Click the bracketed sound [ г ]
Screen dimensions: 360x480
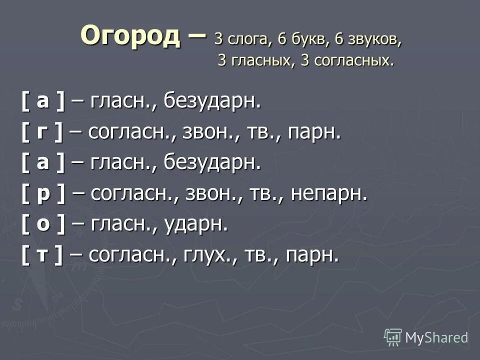[x=42, y=132]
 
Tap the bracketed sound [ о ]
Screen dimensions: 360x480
[x=43, y=224]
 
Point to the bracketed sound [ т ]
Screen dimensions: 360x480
[x=42, y=255]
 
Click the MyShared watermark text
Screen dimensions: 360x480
[x=436, y=337]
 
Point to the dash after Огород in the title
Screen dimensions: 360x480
[x=196, y=37]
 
